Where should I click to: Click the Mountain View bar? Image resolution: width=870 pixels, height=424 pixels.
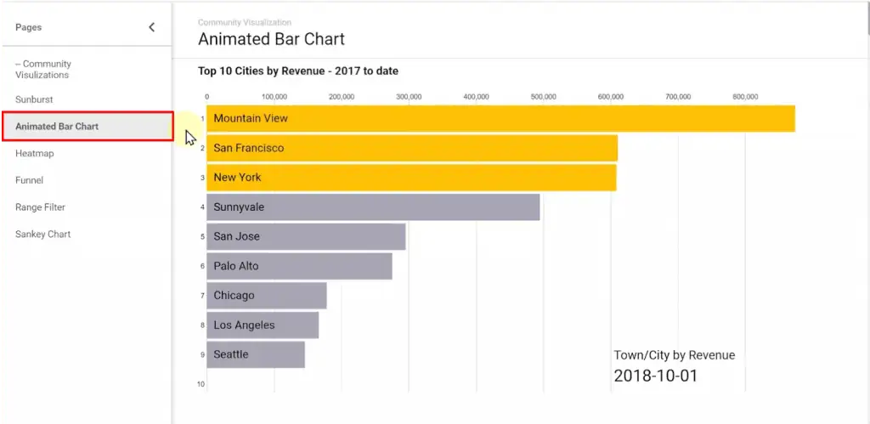[x=500, y=119]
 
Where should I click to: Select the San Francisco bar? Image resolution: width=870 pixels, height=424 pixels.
[x=412, y=148]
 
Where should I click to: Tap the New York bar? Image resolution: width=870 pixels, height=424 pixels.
[x=411, y=178]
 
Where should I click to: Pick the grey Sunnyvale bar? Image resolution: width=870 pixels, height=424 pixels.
[x=373, y=206]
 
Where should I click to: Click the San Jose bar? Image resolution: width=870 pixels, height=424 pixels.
[x=306, y=236]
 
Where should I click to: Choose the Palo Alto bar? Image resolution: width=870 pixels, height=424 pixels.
[x=299, y=266]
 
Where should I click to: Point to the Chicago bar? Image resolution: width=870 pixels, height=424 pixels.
[x=267, y=296]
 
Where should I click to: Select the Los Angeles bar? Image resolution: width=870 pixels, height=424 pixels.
[x=263, y=325]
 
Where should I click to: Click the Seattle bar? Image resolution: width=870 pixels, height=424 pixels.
[x=256, y=354]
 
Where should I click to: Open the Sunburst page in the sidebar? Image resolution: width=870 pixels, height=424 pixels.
[x=34, y=99]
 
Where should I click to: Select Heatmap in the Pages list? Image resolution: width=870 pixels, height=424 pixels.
[x=34, y=154]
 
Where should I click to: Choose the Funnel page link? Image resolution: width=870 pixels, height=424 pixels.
[x=29, y=180]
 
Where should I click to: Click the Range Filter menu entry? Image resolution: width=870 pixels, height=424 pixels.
[x=40, y=207]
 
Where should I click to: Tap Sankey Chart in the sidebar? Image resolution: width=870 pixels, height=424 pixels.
[x=42, y=235]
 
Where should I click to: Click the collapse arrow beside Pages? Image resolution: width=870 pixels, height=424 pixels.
[x=152, y=27]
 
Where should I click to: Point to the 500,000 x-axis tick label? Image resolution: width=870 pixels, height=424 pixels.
[x=543, y=97]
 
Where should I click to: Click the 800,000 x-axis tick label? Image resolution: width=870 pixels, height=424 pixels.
[x=745, y=97]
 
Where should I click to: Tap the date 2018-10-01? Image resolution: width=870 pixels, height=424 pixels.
[x=655, y=376]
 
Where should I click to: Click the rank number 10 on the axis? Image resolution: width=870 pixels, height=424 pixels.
[x=201, y=384]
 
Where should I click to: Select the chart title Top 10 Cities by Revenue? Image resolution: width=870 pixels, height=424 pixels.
[x=298, y=71]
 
